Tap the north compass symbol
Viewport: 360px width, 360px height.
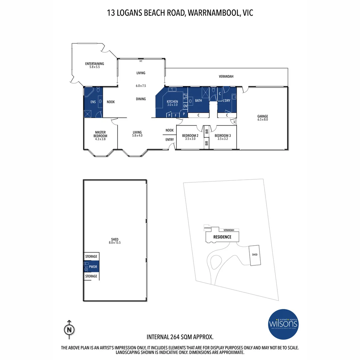pyautogui.click(x=69, y=329)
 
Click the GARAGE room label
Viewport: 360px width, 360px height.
pyautogui.click(x=262, y=116)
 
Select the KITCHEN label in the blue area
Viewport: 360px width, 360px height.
pyautogui.click(x=172, y=102)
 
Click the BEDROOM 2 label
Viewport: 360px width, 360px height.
pyautogui.click(x=190, y=136)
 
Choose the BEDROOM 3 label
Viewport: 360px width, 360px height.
pyautogui.click(x=223, y=136)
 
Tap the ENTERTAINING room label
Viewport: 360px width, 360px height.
pyautogui.click(x=94, y=64)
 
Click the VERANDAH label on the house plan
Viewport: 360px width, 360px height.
pyautogui.click(x=226, y=77)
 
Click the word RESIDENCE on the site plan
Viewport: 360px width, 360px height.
pyautogui.click(x=222, y=237)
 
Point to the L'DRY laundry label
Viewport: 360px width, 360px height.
pyautogui.click(x=227, y=100)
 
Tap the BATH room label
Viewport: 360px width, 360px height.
pyautogui.click(x=199, y=100)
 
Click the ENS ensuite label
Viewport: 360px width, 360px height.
pyautogui.click(x=93, y=102)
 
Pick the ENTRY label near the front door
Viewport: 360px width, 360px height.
pyautogui.click(x=170, y=140)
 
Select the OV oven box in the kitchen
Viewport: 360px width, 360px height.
pyautogui.click(x=185, y=106)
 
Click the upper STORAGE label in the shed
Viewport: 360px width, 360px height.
pyautogui.click(x=91, y=257)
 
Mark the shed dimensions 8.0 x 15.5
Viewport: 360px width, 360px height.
pyautogui.click(x=114, y=243)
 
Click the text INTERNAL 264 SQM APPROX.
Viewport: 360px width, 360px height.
pyautogui.click(x=180, y=337)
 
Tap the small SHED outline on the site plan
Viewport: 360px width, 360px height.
pyautogui.click(x=255, y=255)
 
